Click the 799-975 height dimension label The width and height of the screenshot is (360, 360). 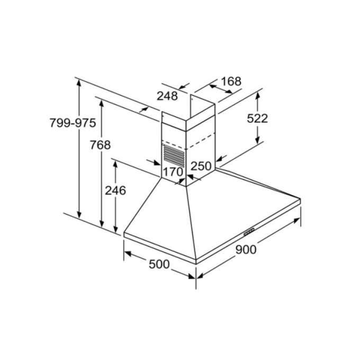(73, 123)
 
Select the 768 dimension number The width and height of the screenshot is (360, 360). (100, 145)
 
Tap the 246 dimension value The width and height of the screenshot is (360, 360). (115, 191)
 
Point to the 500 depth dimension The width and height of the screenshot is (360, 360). (159, 264)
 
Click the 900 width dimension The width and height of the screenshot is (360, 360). (246, 249)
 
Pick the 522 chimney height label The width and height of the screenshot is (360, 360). (257, 119)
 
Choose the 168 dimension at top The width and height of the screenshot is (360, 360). (231, 82)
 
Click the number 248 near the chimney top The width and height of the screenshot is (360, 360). (167, 96)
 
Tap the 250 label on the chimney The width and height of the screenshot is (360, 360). (201, 166)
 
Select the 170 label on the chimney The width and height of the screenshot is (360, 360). (173, 172)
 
